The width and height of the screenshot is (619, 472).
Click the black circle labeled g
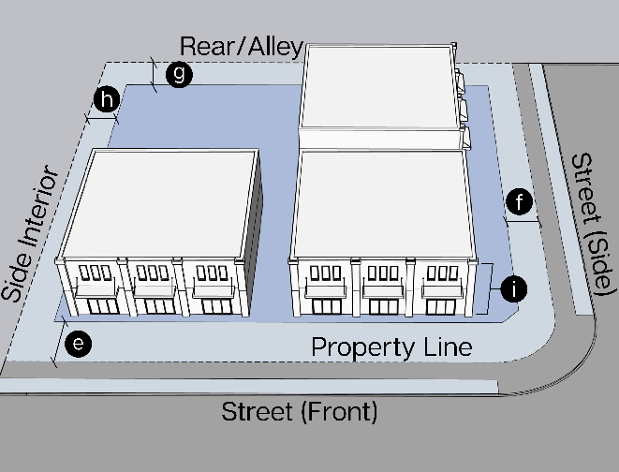tap(178, 74)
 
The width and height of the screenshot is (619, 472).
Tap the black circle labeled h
tap(109, 99)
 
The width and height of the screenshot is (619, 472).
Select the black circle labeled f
tap(520, 201)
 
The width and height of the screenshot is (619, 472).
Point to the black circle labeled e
tap(81, 344)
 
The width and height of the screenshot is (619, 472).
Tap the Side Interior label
tap(31, 235)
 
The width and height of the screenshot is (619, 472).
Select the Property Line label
tap(391, 347)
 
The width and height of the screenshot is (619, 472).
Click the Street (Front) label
tap(300, 411)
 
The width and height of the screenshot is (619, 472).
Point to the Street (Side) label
tap(592, 225)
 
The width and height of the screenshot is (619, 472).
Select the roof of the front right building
tap(382, 201)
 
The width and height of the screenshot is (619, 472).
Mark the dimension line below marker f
tap(523, 222)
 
